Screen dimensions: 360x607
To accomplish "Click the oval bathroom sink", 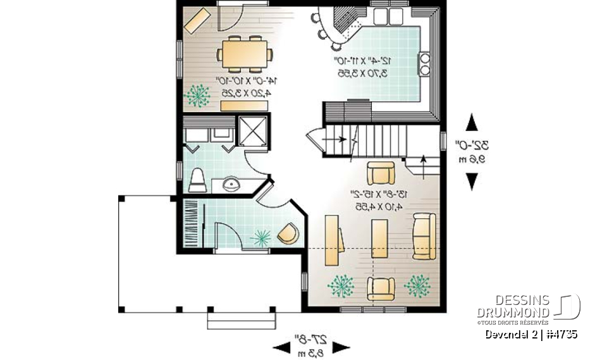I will pyautogui.click(x=232, y=184).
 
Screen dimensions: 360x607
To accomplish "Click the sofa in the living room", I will pyautogui.click(x=424, y=236).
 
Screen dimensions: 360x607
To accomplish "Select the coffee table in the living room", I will pyautogui.click(x=379, y=239).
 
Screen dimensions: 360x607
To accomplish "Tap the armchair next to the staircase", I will pyautogui.click(x=381, y=173).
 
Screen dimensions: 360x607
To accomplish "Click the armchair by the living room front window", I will pyautogui.click(x=381, y=288).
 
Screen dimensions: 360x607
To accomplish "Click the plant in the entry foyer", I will pyautogui.click(x=261, y=237).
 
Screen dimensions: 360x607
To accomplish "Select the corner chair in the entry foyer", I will pyautogui.click(x=288, y=233).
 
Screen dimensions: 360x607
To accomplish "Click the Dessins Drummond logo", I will pyautogui.click(x=529, y=306).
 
